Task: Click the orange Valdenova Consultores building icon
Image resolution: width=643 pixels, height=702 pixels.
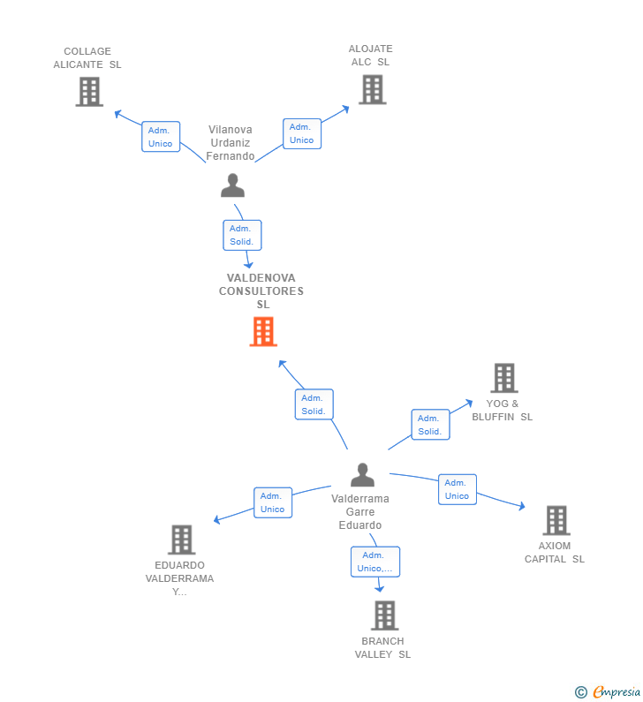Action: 263,331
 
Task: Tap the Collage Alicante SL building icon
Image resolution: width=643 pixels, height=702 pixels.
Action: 89,92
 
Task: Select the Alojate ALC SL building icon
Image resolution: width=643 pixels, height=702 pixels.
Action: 373,89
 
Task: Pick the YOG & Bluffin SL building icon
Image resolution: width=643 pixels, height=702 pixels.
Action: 504,378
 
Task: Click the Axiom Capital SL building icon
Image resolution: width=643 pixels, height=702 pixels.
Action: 556,520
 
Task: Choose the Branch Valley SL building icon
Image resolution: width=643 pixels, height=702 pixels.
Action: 384,615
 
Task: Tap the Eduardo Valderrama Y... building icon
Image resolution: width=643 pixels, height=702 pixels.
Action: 182,540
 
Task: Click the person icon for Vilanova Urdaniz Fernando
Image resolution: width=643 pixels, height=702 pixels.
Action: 233,185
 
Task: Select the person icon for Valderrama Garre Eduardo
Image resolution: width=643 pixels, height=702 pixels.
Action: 363,474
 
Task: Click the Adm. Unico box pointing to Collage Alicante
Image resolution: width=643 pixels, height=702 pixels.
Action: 161,137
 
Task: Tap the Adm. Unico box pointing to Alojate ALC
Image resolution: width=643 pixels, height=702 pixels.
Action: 302,133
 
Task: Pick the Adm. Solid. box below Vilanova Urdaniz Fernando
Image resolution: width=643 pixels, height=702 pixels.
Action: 242,235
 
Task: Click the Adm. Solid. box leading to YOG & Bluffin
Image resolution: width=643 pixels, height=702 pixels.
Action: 430,425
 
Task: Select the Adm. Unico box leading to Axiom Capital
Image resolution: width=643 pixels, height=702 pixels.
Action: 458,489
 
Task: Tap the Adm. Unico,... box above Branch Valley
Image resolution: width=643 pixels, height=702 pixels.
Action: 375,562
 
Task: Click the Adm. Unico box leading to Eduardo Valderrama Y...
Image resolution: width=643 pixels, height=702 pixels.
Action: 273,502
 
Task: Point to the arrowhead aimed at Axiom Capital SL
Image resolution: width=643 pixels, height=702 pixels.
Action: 522,506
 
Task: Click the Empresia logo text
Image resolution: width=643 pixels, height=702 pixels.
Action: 617,692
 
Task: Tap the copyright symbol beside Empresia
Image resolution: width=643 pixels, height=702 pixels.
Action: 581,692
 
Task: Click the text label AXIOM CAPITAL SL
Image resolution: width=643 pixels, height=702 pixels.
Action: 555,553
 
